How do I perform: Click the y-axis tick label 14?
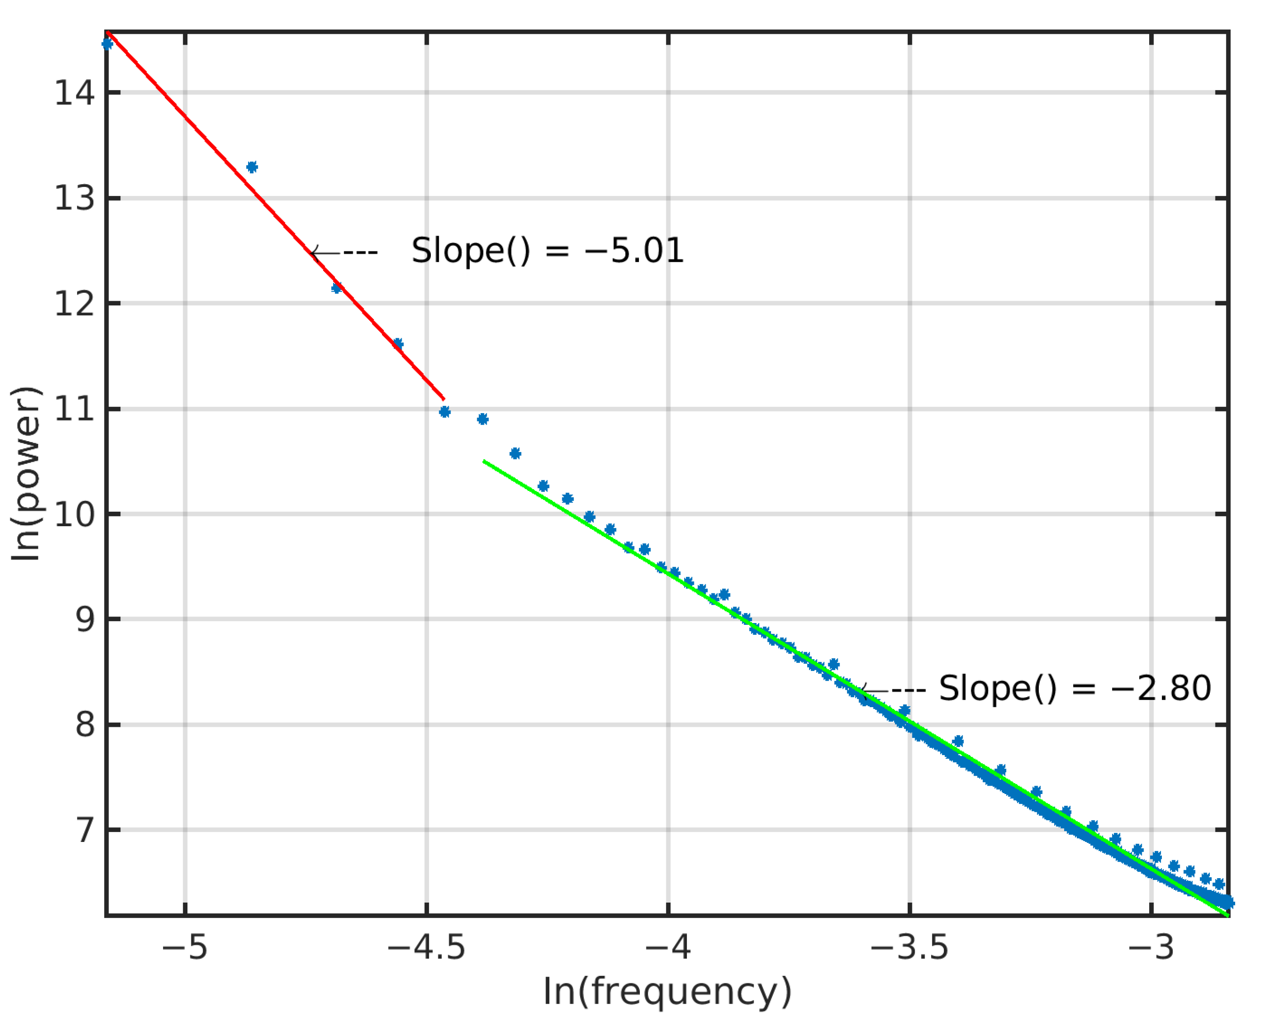75,93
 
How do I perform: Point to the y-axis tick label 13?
75,198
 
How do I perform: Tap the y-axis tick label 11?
75,409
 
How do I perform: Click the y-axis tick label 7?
85,830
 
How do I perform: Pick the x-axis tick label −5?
184,948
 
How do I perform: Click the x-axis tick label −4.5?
426,948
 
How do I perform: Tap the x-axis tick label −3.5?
909,948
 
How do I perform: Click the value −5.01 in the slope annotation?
633,250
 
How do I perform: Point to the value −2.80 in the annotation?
1160,689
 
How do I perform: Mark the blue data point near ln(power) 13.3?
252,167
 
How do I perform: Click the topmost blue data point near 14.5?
107,44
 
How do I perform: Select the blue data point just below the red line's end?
444,412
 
